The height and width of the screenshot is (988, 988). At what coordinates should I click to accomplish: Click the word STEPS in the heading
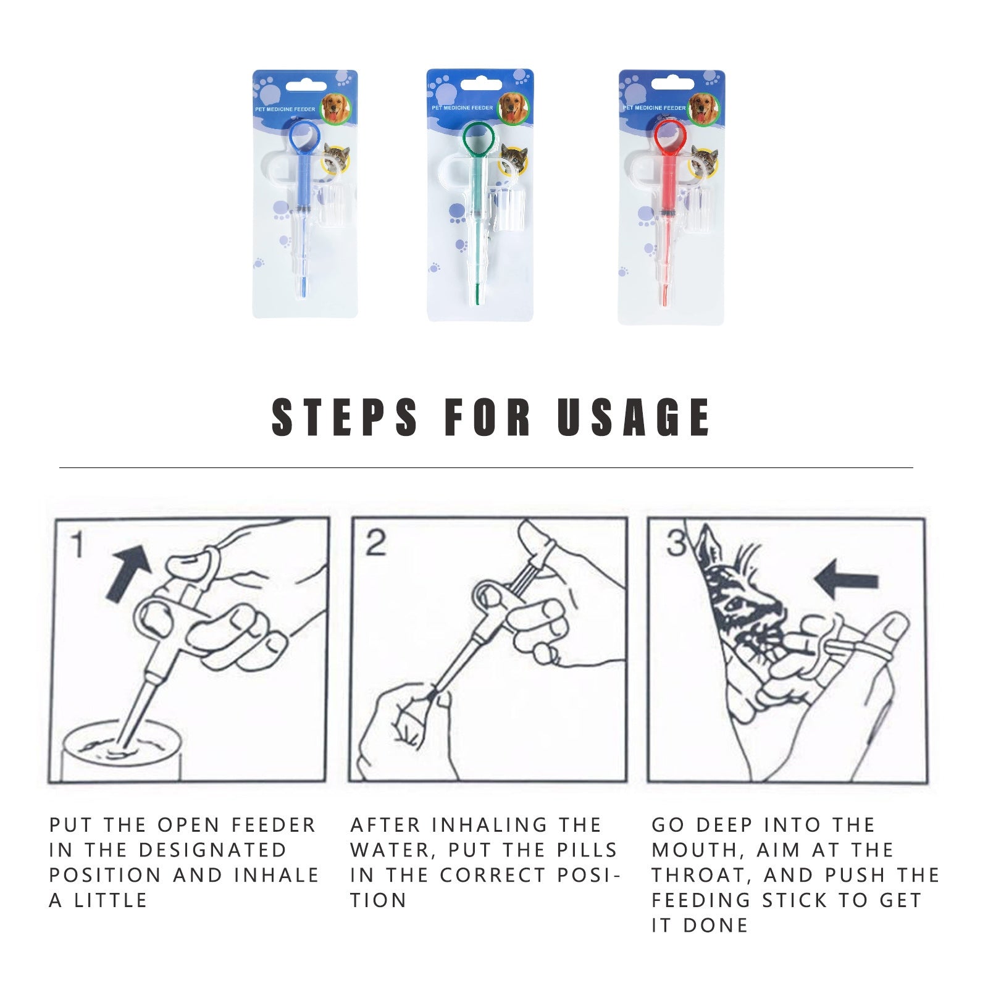point(345,417)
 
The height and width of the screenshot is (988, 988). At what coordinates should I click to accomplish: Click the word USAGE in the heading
point(634,417)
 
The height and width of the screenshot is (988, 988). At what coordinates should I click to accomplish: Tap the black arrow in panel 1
point(129,571)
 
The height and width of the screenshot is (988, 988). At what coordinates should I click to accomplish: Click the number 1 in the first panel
point(77,545)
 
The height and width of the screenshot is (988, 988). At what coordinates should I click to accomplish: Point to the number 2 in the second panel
point(375,543)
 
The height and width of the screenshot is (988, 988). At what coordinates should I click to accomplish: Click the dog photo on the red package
point(704,109)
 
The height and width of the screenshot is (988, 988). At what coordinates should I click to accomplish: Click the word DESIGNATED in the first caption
point(213,850)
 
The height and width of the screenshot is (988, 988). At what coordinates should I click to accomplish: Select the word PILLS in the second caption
point(587,850)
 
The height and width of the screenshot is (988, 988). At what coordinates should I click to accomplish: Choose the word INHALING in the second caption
point(490,825)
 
